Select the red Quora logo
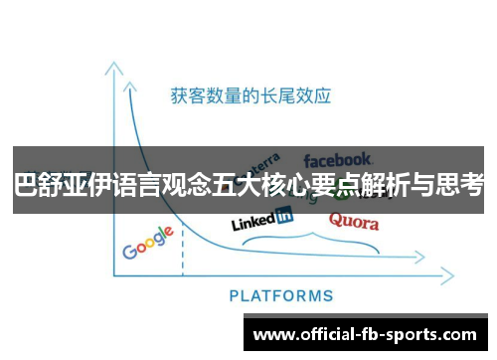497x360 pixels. [x=353, y=222]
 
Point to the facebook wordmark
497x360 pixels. [x=338, y=158]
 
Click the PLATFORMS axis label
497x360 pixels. [x=281, y=295]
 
